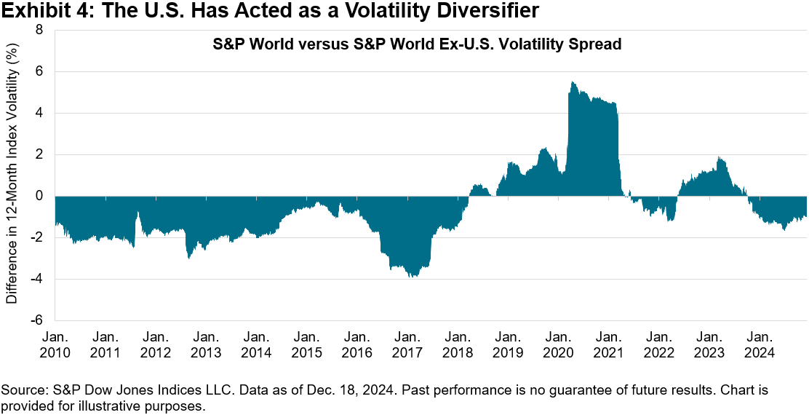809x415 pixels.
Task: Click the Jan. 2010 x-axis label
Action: click(55, 344)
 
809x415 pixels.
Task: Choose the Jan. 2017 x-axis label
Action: click(407, 344)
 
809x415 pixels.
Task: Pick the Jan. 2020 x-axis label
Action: click(557, 344)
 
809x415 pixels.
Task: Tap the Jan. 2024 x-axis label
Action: click(759, 344)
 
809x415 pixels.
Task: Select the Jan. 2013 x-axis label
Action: click(206, 344)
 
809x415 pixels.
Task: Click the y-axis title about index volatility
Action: click(12, 176)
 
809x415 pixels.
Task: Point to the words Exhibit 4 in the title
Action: click(36, 11)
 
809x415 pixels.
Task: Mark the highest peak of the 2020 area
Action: click(573, 82)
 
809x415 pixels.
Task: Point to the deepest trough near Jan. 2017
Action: click(413, 277)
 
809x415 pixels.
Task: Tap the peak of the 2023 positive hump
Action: click(719, 157)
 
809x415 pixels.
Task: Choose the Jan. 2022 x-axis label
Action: click(658, 344)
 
